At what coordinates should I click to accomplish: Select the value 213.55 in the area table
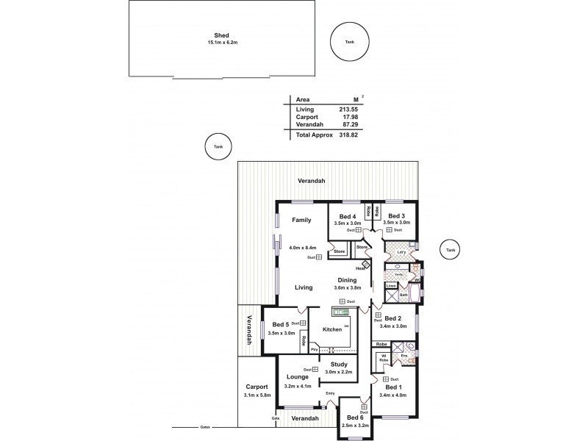click(351, 110)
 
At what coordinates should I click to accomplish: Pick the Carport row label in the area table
click(306, 118)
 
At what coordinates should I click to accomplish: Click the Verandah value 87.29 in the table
click(351, 126)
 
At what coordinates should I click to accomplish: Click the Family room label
click(301, 220)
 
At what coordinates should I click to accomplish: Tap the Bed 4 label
click(348, 216)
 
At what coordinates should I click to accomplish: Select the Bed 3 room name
click(397, 216)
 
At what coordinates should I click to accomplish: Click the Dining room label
click(347, 280)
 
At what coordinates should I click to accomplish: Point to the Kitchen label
click(332, 329)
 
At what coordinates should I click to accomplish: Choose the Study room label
click(339, 364)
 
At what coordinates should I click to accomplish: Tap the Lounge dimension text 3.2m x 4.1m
click(298, 386)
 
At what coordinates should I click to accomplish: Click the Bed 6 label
click(354, 417)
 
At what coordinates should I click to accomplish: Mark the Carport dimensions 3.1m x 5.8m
click(257, 395)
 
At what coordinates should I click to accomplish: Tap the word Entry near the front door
click(330, 394)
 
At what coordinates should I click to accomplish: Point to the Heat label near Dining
click(361, 268)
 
